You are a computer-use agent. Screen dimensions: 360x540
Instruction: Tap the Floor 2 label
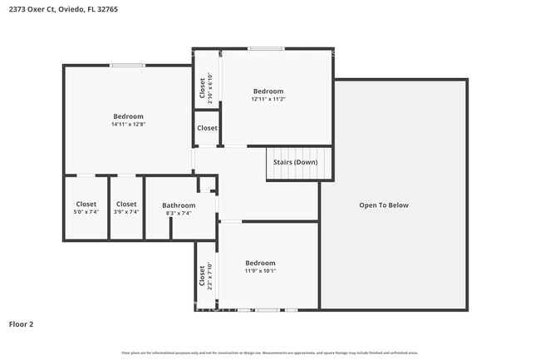tap(22, 323)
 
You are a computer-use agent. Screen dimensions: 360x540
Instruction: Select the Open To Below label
tap(383, 205)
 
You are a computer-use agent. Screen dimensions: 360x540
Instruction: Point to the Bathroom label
tap(179, 205)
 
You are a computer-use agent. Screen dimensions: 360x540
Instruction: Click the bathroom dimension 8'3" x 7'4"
tap(179, 213)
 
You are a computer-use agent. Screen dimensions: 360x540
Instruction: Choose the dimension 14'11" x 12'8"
tap(128, 125)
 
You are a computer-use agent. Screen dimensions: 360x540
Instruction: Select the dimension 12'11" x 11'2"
tap(268, 99)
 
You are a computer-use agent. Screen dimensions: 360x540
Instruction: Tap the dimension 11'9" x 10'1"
tap(260, 271)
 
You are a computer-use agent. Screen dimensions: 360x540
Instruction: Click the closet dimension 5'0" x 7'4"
tap(86, 212)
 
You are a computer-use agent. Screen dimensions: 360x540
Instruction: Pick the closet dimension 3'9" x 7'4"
tap(126, 212)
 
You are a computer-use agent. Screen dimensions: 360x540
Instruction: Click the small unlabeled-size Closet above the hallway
tap(207, 128)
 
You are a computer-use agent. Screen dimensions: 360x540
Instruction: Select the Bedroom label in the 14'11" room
tap(128, 116)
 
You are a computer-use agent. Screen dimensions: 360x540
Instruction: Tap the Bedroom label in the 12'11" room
tap(268, 91)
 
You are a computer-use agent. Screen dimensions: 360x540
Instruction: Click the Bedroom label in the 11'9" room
tap(260, 263)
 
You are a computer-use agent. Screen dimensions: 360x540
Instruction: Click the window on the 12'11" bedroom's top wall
tap(263, 48)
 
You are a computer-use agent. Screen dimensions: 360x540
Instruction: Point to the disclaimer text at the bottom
tap(270, 353)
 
